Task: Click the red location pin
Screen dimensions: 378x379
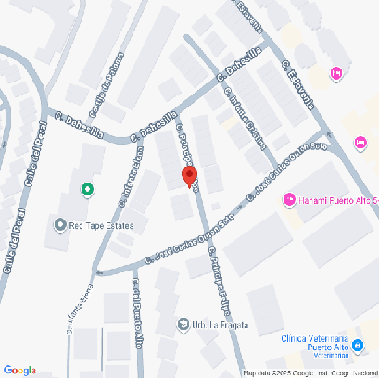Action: click(189, 177)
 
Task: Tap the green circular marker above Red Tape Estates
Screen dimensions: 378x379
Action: click(87, 190)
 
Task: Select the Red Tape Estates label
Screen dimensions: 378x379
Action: click(102, 225)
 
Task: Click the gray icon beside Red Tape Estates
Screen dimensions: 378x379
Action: click(61, 224)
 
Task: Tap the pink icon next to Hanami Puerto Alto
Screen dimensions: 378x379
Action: click(289, 199)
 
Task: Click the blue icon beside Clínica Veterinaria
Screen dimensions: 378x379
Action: click(358, 346)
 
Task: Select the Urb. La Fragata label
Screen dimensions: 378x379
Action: click(207, 324)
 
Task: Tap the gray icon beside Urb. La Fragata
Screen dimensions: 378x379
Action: click(183, 324)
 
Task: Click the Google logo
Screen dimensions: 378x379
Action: click(19, 370)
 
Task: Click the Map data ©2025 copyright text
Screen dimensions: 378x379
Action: click(269, 372)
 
